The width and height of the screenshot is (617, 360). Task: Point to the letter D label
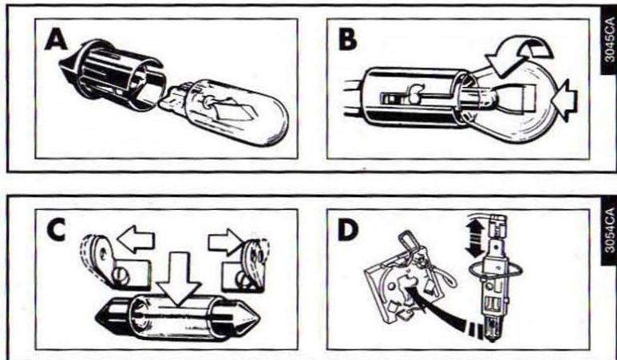tap(349, 230)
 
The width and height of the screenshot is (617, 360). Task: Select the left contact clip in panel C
tap(104, 259)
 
